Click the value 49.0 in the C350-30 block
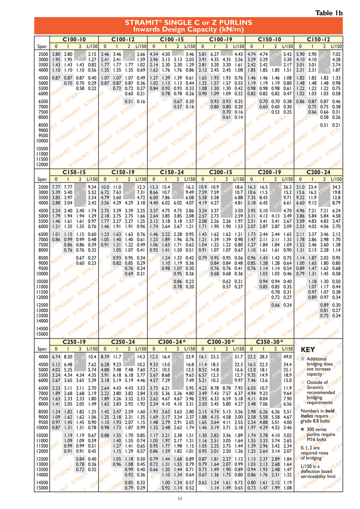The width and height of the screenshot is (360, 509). click(x=287, y=357)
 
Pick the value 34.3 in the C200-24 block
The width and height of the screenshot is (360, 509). click(x=336, y=187)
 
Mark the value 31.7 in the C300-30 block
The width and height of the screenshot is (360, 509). click(x=238, y=357)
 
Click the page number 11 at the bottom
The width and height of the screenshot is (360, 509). click(x=180, y=498)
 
